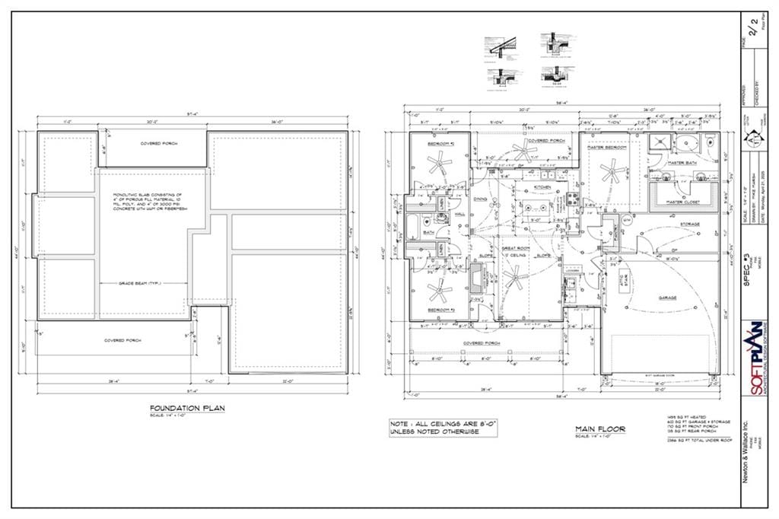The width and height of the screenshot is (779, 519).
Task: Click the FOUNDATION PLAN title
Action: [x=187, y=409]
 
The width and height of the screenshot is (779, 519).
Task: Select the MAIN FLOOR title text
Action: [x=600, y=429]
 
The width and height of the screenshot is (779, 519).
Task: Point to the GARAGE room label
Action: [x=667, y=298]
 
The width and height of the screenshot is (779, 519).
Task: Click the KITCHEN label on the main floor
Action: [x=542, y=186]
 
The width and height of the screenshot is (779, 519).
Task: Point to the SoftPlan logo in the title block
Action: [x=755, y=358]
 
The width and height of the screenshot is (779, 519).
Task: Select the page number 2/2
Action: [x=754, y=30]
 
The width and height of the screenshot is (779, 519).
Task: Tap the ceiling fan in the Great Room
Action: [x=514, y=281]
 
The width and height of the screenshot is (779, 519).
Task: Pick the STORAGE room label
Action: [x=690, y=224]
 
